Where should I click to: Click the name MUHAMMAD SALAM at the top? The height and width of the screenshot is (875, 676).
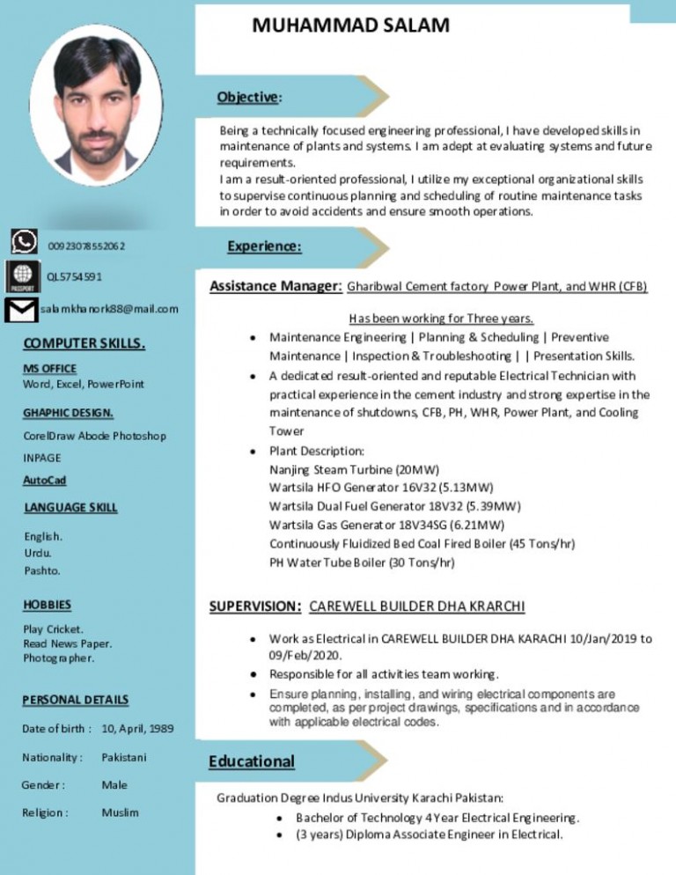(350, 25)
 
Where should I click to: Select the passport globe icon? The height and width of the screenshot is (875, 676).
(21, 276)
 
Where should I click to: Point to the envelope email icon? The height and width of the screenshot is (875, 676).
(20, 310)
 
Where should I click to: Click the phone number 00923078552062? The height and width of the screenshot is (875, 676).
(86, 246)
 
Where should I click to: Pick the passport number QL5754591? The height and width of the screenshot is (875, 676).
(76, 277)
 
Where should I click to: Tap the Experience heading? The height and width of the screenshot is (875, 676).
(266, 247)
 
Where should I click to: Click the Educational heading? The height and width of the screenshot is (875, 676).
(252, 761)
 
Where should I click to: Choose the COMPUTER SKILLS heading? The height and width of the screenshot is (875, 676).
(84, 343)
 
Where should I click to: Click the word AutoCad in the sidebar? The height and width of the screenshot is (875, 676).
(45, 481)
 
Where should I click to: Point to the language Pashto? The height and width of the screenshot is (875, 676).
(42, 570)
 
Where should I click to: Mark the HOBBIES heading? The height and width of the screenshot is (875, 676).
(48, 606)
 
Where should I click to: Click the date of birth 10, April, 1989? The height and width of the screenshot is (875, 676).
(137, 729)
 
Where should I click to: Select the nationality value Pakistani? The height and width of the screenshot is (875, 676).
(124, 757)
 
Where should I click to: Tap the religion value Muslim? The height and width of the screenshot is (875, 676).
(120, 812)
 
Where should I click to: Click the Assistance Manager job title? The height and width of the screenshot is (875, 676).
(276, 286)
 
